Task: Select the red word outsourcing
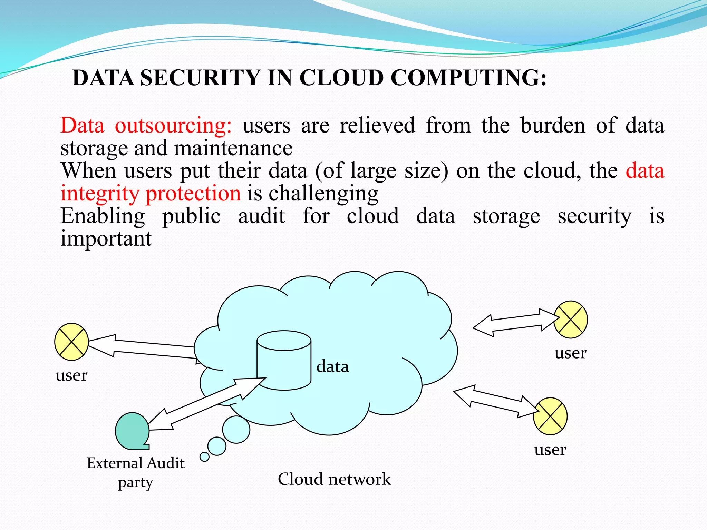tap(173, 125)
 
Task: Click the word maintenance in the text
tap(233, 148)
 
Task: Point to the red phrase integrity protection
tap(151, 193)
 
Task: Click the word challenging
tap(323, 193)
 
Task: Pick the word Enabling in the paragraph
tap(103, 216)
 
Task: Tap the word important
tap(106, 239)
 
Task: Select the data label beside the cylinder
tap(332, 366)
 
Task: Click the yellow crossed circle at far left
tap(71, 342)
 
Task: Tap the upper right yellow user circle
tap(571, 320)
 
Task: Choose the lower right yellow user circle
tap(550, 416)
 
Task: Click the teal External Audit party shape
tap(132, 431)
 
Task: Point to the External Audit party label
tap(136, 472)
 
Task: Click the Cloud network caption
tap(334, 479)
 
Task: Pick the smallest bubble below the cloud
tap(204, 457)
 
